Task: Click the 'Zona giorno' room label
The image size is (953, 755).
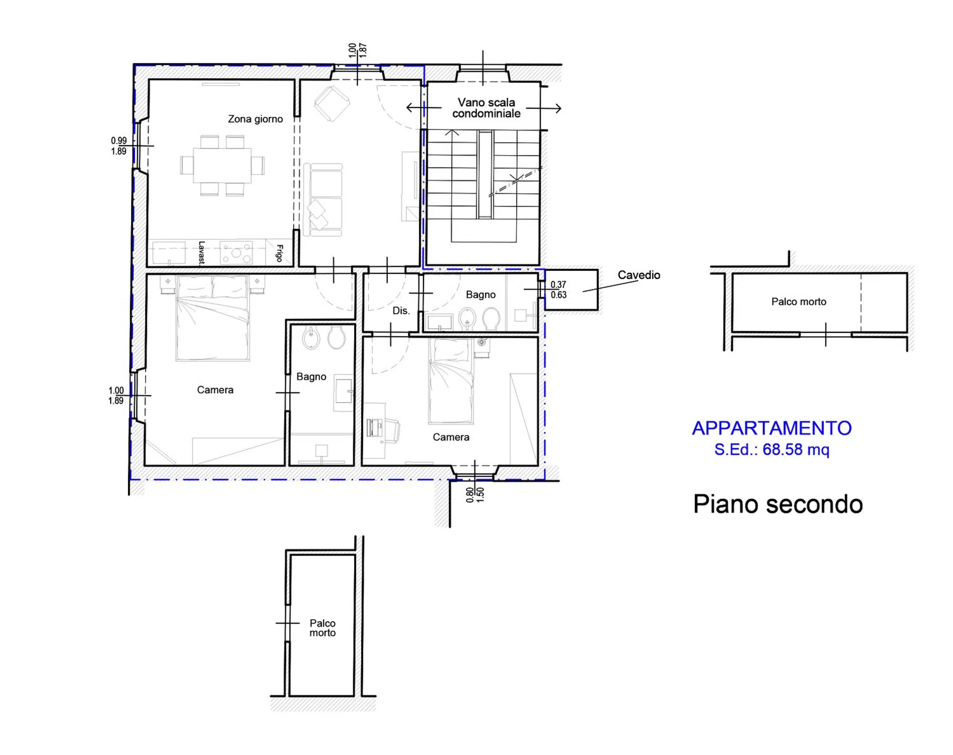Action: pos(255,119)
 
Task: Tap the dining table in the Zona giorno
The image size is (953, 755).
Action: pos(222,165)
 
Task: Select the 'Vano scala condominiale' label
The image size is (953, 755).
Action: pos(486,108)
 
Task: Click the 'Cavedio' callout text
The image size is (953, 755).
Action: pos(639,275)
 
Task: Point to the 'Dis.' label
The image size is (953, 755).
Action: pos(401,311)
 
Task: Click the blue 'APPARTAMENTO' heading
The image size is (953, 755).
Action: pos(772,428)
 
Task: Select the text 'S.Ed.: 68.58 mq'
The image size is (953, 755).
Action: pos(772,449)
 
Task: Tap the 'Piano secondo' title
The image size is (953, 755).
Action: pos(778,504)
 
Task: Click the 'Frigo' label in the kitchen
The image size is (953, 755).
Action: pos(280,253)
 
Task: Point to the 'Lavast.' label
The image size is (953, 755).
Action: pos(201,253)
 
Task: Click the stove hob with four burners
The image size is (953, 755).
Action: pos(236,253)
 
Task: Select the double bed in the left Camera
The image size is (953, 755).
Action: pos(213,318)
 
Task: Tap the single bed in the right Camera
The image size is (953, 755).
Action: pos(451,381)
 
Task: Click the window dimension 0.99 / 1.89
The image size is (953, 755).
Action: pos(119,146)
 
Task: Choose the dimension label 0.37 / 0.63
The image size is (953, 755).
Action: pos(558,290)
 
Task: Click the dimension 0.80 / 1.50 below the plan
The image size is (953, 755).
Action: pos(474,494)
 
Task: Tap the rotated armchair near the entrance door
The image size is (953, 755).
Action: pos(332,104)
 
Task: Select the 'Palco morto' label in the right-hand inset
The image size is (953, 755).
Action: pos(799,301)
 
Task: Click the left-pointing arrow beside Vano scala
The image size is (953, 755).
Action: pos(424,108)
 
